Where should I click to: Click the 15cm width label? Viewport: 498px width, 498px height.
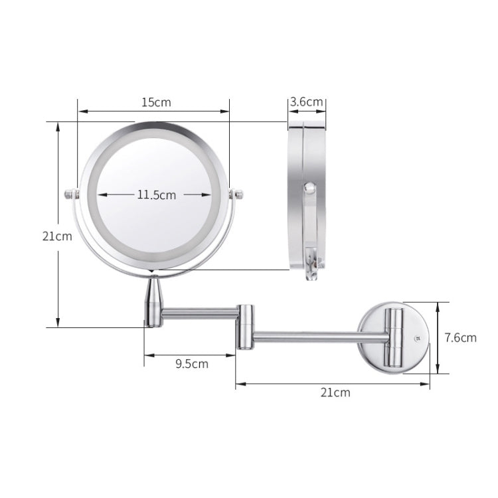[x=156, y=102]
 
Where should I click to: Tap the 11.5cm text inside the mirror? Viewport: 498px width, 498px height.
[x=157, y=195]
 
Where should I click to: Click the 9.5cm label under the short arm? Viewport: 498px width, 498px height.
[x=192, y=363]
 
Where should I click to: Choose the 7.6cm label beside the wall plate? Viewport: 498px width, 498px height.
[x=460, y=337]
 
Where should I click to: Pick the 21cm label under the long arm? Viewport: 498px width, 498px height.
[x=335, y=392]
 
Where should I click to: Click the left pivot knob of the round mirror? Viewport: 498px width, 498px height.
[x=70, y=195]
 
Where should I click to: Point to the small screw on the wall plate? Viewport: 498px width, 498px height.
[x=418, y=337]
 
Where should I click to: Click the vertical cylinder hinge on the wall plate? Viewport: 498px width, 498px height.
[x=396, y=337]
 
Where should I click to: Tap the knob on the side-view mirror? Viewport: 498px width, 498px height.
[x=309, y=189]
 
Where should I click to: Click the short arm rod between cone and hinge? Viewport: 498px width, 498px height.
[x=199, y=309]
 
